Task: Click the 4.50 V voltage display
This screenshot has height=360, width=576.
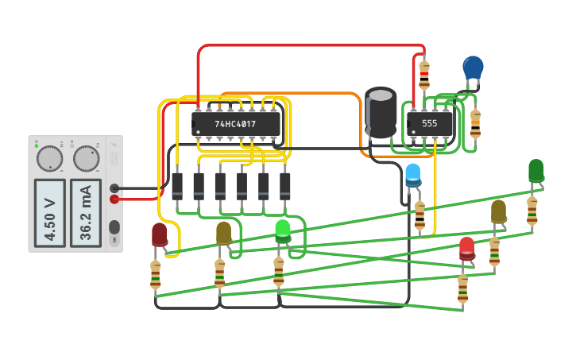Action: click(x=49, y=213)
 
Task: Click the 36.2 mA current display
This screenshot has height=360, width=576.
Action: click(x=86, y=213)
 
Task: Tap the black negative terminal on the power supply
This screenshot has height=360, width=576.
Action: click(x=114, y=188)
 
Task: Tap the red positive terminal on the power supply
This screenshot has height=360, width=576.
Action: click(x=114, y=199)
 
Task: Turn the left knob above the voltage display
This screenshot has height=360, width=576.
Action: click(x=49, y=159)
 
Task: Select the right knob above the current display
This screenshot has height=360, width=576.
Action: click(x=86, y=159)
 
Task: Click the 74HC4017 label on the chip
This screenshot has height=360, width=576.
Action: click(x=236, y=124)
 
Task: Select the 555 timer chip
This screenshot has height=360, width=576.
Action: click(x=430, y=124)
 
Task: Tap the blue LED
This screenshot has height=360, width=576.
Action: click(x=413, y=174)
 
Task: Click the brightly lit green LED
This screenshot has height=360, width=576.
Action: click(x=283, y=230)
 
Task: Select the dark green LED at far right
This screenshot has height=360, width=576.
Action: click(x=536, y=170)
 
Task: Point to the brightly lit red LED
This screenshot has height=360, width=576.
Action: click(x=466, y=247)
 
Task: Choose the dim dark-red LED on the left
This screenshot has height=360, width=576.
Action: click(x=160, y=234)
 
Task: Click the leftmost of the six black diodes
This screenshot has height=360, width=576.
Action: click(x=177, y=187)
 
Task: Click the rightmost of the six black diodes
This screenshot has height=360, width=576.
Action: click(x=285, y=187)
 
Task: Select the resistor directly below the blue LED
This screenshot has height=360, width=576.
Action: click(x=419, y=215)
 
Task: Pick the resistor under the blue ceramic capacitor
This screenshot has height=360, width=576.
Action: click(x=475, y=124)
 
